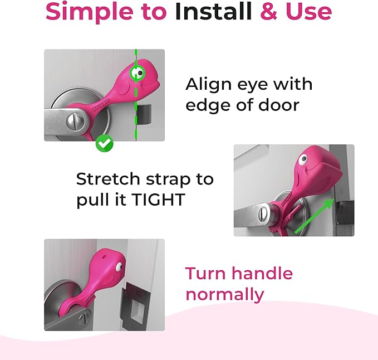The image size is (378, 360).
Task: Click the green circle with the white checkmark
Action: pyautogui.click(x=104, y=143)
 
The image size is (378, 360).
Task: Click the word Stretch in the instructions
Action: pyautogui.click(x=108, y=179)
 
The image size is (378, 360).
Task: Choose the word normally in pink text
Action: pyautogui.click(x=224, y=294)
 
